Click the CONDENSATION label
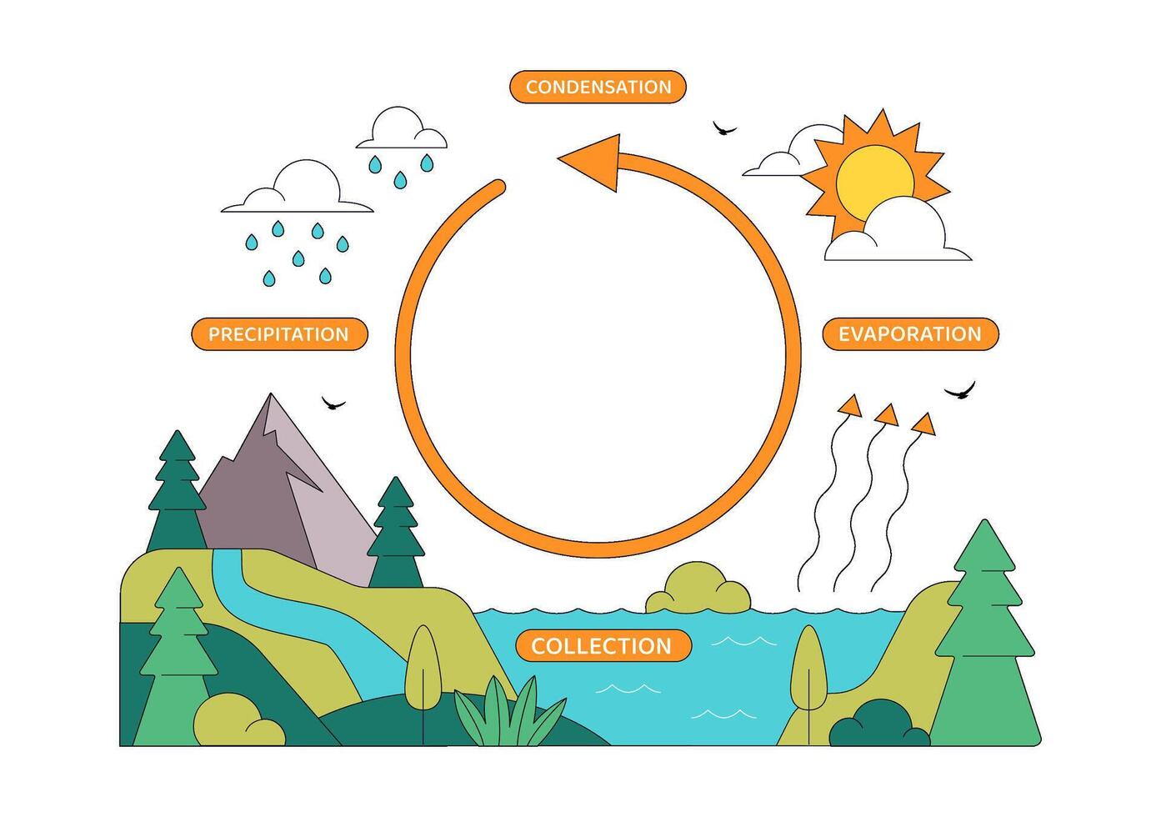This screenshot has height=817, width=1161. [x=598, y=87]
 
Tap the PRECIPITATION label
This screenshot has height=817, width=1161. [x=279, y=334]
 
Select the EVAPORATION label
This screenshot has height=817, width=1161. [x=910, y=334]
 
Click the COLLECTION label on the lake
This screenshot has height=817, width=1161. [x=603, y=646]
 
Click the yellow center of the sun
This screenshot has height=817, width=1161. [x=875, y=183]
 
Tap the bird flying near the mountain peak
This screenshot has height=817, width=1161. [x=333, y=403]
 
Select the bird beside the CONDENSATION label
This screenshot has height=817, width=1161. [x=724, y=128]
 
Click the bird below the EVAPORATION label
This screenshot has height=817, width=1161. [x=960, y=390]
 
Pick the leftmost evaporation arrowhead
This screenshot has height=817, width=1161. [x=851, y=407]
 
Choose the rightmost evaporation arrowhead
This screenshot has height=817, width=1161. [x=924, y=424]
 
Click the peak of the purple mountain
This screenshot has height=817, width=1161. [x=271, y=394]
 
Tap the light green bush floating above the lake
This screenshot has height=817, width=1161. [x=698, y=588]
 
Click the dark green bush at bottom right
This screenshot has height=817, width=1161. [x=879, y=724]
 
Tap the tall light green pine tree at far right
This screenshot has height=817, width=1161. [x=985, y=633]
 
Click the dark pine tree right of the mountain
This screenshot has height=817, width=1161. [x=396, y=533]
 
